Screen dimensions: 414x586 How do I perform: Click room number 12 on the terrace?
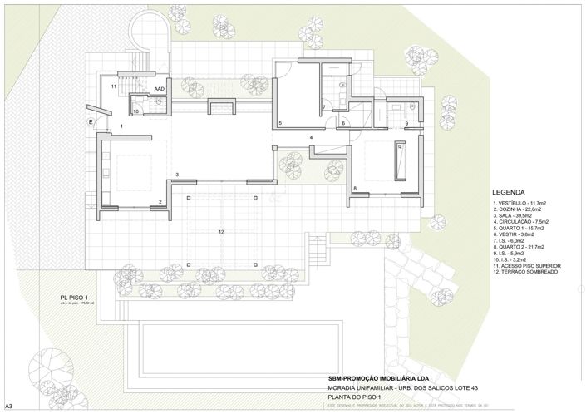(x=221, y=231)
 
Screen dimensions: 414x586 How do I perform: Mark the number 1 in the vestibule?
(x=121, y=126)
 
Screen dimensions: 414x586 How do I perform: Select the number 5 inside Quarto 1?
(x=281, y=124)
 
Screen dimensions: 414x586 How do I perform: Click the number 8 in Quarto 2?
(x=355, y=190)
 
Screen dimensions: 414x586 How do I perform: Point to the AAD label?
(x=159, y=86)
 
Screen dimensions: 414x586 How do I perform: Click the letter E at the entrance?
(x=91, y=121)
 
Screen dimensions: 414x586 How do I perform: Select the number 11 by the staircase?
(x=113, y=86)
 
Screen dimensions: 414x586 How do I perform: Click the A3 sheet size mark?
(x=8, y=407)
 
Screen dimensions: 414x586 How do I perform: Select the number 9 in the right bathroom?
(x=406, y=124)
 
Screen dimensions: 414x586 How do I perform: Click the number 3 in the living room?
(x=177, y=175)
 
